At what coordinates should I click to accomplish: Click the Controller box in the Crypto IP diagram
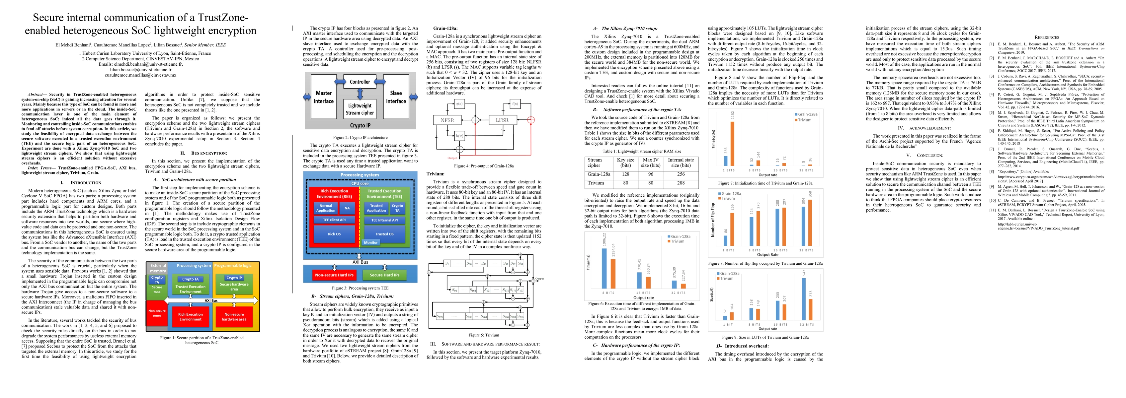[x=360, y=82]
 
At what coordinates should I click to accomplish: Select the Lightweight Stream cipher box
[x=360, y=109]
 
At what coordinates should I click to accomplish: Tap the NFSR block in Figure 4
[x=447, y=120]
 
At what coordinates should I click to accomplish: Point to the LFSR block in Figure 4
[x=502, y=120]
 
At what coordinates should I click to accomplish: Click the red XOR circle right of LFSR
[x=531, y=120]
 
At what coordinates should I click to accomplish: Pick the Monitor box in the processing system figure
[x=371, y=242]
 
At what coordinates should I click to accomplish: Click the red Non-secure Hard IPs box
[x=334, y=275]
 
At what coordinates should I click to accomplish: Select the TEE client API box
[x=334, y=220]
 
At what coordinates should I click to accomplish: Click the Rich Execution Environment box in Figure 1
[x=190, y=317]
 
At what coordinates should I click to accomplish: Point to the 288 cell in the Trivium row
[x=680, y=183]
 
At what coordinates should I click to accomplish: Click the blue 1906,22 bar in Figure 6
[x=604, y=268]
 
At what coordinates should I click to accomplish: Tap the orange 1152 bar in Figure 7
[x=733, y=143]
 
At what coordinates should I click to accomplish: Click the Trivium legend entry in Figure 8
[x=727, y=198]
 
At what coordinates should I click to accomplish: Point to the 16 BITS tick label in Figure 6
[x=643, y=293]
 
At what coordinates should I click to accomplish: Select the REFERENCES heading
[x=1047, y=37]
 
